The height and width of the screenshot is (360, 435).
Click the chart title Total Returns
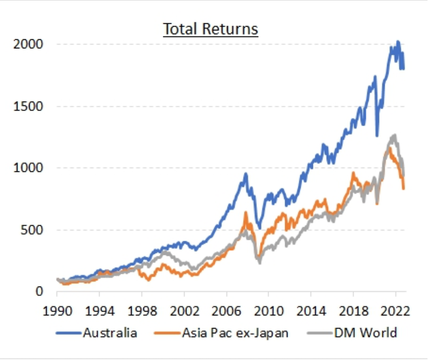pyautogui.click(x=211, y=28)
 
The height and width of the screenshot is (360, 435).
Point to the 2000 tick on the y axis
pyautogui.click(x=28, y=44)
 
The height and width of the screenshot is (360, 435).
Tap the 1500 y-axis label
pyautogui.click(x=28, y=106)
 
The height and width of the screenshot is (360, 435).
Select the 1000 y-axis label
pyautogui.click(x=28, y=168)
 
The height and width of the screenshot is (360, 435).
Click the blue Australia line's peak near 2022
pyautogui.click(x=398, y=41)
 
